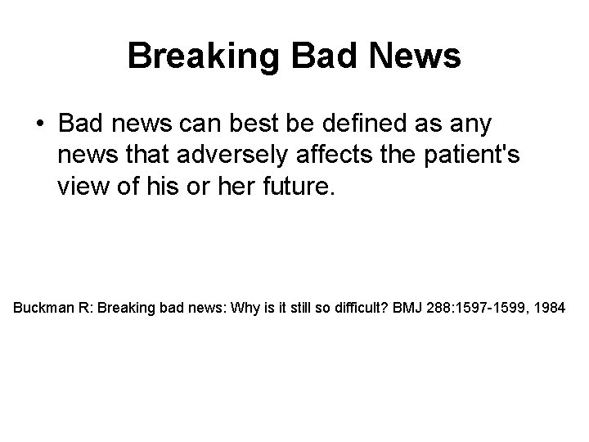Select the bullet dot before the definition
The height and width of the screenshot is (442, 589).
pyautogui.click(x=40, y=125)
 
